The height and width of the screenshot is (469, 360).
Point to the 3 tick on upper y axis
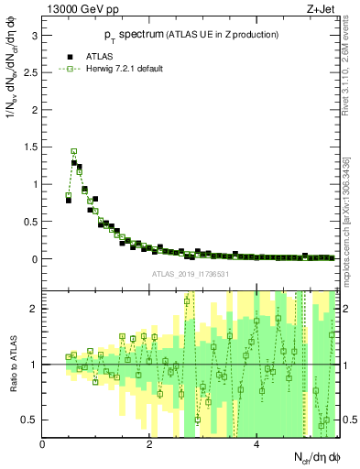pos(35,35)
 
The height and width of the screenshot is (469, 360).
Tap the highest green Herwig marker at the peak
pos(74,152)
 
